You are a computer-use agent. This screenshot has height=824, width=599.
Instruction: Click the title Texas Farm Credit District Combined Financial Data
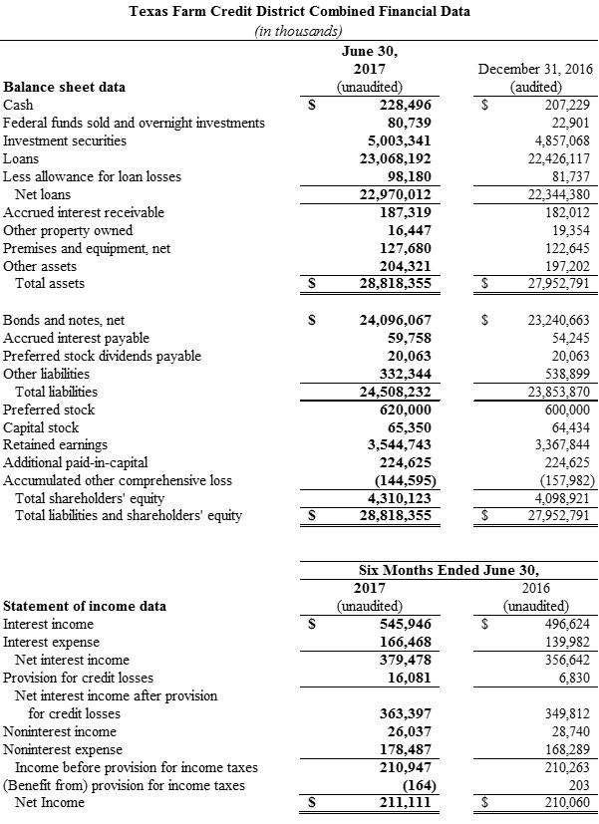click(300, 12)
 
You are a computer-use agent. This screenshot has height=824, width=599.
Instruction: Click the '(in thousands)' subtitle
click(300, 31)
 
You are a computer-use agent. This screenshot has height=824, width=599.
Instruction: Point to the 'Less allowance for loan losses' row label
click(93, 176)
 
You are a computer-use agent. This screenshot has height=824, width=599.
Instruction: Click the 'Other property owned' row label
click(68, 230)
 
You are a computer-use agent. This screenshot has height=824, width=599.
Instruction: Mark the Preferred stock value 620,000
click(400, 410)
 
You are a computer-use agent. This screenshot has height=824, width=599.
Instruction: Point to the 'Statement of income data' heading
click(86, 606)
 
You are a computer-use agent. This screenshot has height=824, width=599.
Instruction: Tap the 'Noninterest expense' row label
click(64, 749)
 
